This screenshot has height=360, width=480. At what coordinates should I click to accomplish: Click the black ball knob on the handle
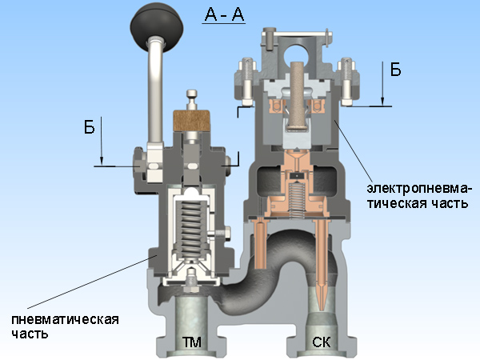(157, 28)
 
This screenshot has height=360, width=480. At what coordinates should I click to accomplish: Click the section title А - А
(224, 14)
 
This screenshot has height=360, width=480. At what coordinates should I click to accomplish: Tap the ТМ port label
(192, 342)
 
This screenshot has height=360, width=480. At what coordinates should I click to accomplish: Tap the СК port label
(322, 342)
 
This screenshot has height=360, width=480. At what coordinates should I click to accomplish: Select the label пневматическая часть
(65, 326)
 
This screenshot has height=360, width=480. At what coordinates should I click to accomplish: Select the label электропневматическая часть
(418, 195)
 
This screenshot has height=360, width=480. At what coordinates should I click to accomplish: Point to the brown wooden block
(192, 121)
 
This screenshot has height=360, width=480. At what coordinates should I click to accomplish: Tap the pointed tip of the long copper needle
(322, 308)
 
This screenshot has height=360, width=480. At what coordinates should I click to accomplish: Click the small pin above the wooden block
(192, 99)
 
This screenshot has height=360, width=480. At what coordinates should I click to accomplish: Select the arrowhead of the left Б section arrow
(102, 161)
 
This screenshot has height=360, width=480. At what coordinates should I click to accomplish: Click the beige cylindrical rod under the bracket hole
(297, 95)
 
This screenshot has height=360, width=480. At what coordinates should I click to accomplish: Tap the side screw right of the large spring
(222, 234)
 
